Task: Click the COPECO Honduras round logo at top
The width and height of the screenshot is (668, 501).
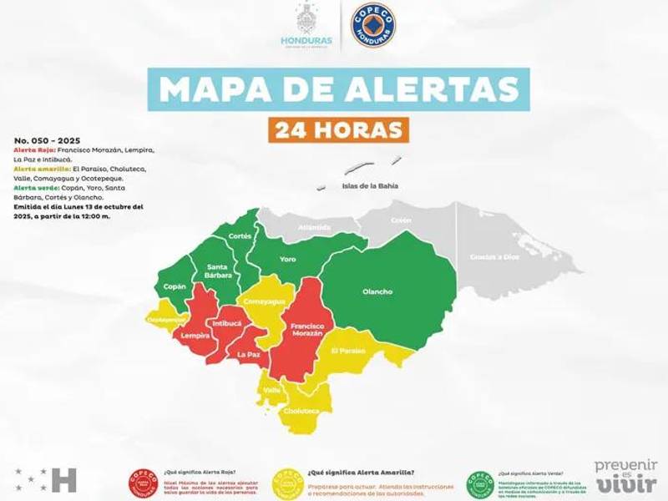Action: tap(373, 25)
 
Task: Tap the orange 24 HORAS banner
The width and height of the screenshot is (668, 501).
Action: tap(338, 129)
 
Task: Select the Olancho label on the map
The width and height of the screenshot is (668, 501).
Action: tap(377, 291)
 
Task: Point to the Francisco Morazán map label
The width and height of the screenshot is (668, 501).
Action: tap(306, 328)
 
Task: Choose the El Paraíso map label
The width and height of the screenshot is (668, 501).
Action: tap(347, 351)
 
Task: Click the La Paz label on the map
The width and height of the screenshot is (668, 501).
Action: tap(248, 354)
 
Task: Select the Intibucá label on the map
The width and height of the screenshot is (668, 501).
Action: tap(226, 322)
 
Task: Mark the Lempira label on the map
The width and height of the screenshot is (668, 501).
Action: tap(195, 336)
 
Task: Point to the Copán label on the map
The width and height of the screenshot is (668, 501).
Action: tap(175, 286)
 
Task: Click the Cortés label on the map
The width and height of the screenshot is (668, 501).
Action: tap(240, 236)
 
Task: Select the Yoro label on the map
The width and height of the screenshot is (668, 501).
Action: tap(288, 259)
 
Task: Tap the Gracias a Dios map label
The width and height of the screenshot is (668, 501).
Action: tap(493, 256)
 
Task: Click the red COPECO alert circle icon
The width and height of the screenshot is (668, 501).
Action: tap(143, 482)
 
